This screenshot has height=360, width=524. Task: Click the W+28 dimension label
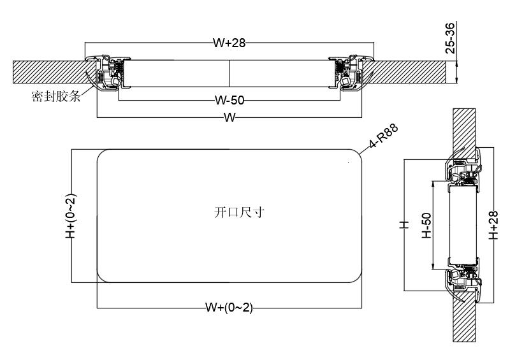[x=229, y=43]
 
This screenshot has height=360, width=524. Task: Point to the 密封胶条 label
[x=55, y=98]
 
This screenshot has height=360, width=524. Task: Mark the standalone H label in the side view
[x=403, y=225]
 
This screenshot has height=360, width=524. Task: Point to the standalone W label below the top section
[x=229, y=118]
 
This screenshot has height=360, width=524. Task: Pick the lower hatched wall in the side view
[x=464, y=319]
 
